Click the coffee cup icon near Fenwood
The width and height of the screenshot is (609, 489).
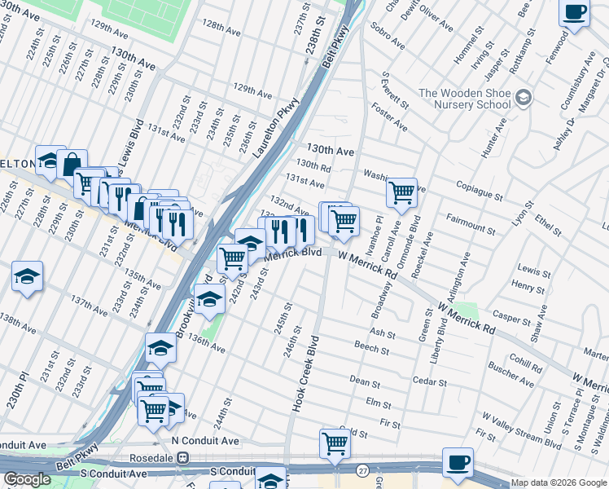[x=575, y=13]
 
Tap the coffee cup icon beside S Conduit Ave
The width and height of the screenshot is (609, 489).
[x=458, y=463]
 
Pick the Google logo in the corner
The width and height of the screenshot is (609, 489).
[x=27, y=479]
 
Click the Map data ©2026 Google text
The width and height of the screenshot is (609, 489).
[x=558, y=482]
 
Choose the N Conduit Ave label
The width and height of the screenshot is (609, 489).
[x=205, y=441]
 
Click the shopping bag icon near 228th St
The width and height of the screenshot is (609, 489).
[x=72, y=163]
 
